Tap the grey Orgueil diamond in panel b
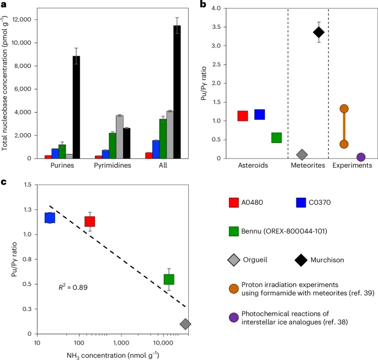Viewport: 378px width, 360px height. tap(302, 155)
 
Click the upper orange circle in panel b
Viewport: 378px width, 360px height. tap(344, 109)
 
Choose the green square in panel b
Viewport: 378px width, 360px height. tap(276, 138)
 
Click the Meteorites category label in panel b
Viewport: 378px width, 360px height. tap(308, 165)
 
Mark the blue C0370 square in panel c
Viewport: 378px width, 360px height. tap(50, 218)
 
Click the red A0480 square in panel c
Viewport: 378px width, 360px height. tap(90, 221)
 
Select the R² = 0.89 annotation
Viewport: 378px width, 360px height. tap(73, 288)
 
